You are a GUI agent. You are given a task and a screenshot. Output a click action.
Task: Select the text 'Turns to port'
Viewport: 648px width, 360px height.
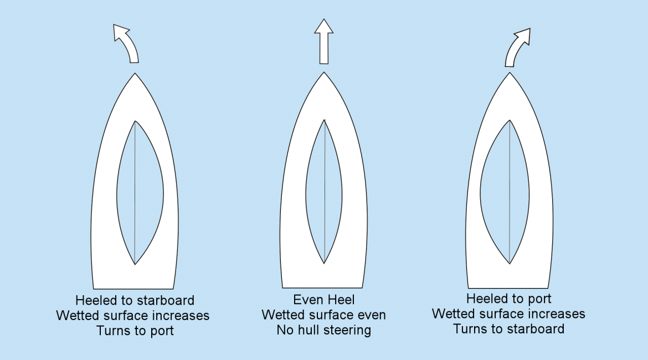pos(135,331)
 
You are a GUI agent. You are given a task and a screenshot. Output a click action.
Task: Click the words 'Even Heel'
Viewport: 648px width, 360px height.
pos(324,300)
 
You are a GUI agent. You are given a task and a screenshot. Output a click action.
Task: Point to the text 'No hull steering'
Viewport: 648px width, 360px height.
pos(324,331)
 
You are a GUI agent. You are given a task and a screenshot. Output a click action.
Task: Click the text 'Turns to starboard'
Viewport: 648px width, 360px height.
pos(508,328)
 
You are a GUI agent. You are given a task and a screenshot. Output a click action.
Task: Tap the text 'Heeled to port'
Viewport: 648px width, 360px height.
pos(508,299)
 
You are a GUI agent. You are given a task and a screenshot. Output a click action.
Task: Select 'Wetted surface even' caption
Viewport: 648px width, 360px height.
pos(324,315)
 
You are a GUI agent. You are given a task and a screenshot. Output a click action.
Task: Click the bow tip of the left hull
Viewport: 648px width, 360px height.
pos(135,74)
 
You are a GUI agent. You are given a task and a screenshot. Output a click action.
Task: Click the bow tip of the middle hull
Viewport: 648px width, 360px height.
pos(325,73)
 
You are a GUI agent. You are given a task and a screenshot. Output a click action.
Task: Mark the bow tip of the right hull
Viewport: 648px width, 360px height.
pos(510,73)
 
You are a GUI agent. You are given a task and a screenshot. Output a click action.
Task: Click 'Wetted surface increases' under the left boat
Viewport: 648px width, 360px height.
pos(133,316)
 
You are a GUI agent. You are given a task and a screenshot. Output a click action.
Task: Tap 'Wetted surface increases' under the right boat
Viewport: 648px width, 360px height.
pos(508,313)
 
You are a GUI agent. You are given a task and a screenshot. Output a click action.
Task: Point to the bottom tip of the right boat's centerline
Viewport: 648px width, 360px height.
pos(510,263)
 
